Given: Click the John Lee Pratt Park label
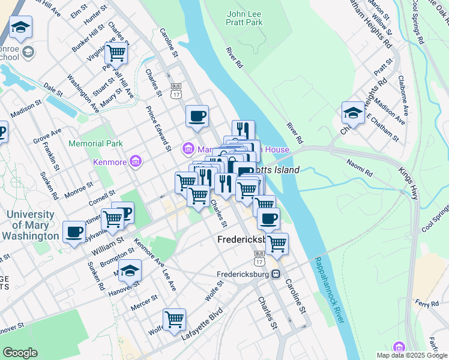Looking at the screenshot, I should (x=246, y=17).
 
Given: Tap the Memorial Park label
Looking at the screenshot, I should (x=95, y=143).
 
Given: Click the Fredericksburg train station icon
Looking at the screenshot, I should (x=276, y=275).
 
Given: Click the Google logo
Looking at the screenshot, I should (x=20, y=353).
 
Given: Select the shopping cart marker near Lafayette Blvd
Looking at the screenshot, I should (x=174, y=319).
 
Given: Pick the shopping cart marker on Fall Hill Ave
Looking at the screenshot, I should (x=116, y=52).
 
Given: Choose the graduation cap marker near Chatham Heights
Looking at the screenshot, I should (x=352, y=112).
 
